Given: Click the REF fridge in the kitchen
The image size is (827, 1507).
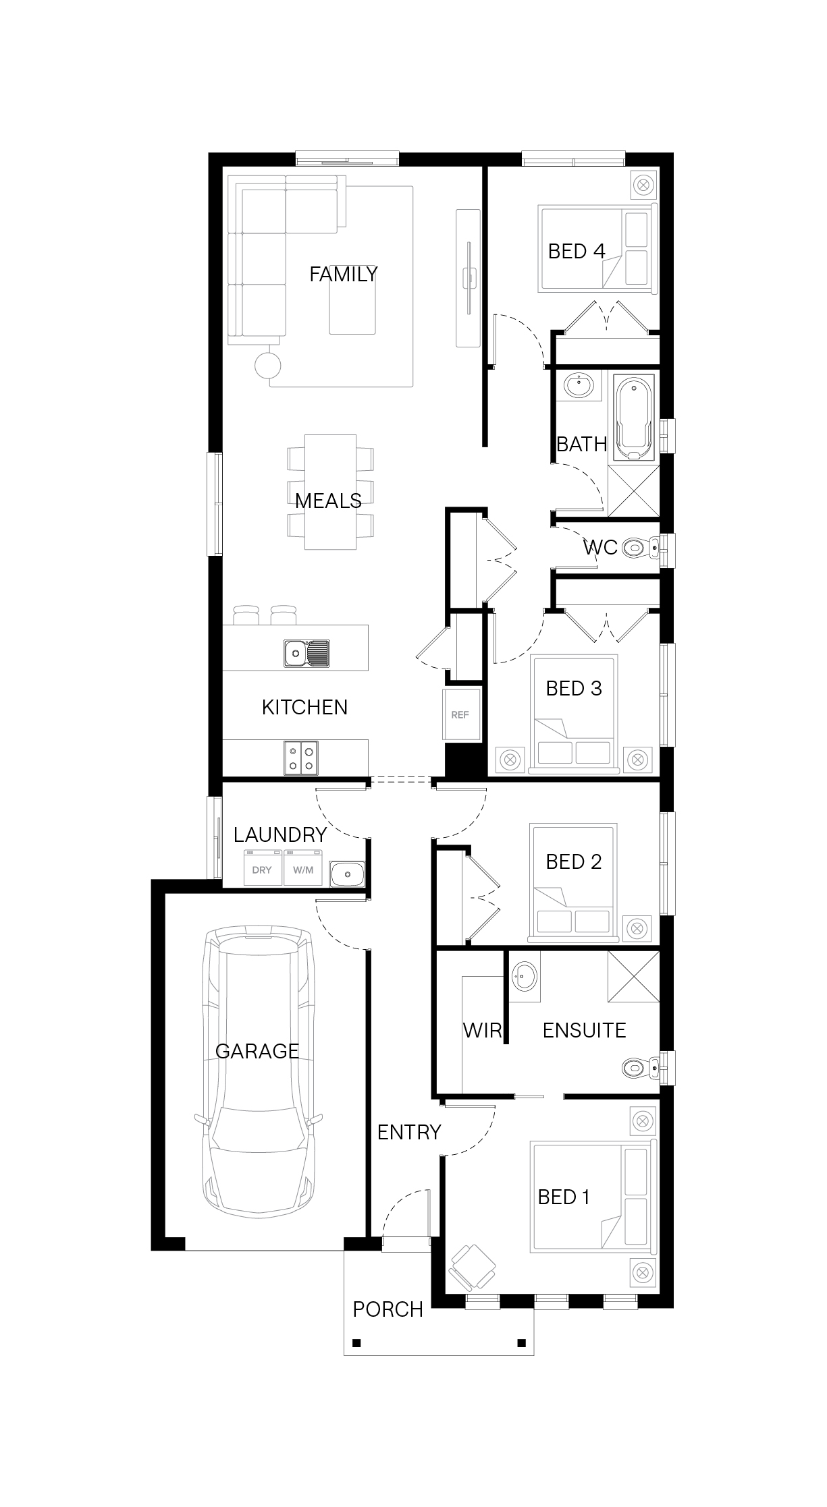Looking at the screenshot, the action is tap(462, 714).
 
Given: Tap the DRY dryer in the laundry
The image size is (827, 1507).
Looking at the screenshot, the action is tap(262, 869).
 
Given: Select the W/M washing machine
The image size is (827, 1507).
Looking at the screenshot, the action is tap(303, 869).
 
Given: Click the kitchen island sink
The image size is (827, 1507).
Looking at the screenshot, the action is tap(307, 653).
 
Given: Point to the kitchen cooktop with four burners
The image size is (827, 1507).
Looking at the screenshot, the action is tap(301, 756).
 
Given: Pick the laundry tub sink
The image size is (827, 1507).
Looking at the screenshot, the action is tap(347, 874).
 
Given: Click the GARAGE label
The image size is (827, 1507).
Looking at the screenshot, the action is tap(257, 1051).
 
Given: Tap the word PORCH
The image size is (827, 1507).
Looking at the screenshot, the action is tap(388, 1309).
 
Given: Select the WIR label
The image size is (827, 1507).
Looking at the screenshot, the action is tap(483, 1030).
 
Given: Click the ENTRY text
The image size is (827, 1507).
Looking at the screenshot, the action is tap(409, 1132).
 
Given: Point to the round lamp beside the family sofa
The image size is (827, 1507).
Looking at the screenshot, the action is tap(267, 365).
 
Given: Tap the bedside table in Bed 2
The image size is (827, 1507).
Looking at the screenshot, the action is tap(637, 928).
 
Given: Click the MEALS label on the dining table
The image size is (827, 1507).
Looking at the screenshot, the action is tap(328, 501).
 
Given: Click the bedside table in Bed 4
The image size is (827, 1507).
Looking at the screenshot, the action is tap(643, 184).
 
